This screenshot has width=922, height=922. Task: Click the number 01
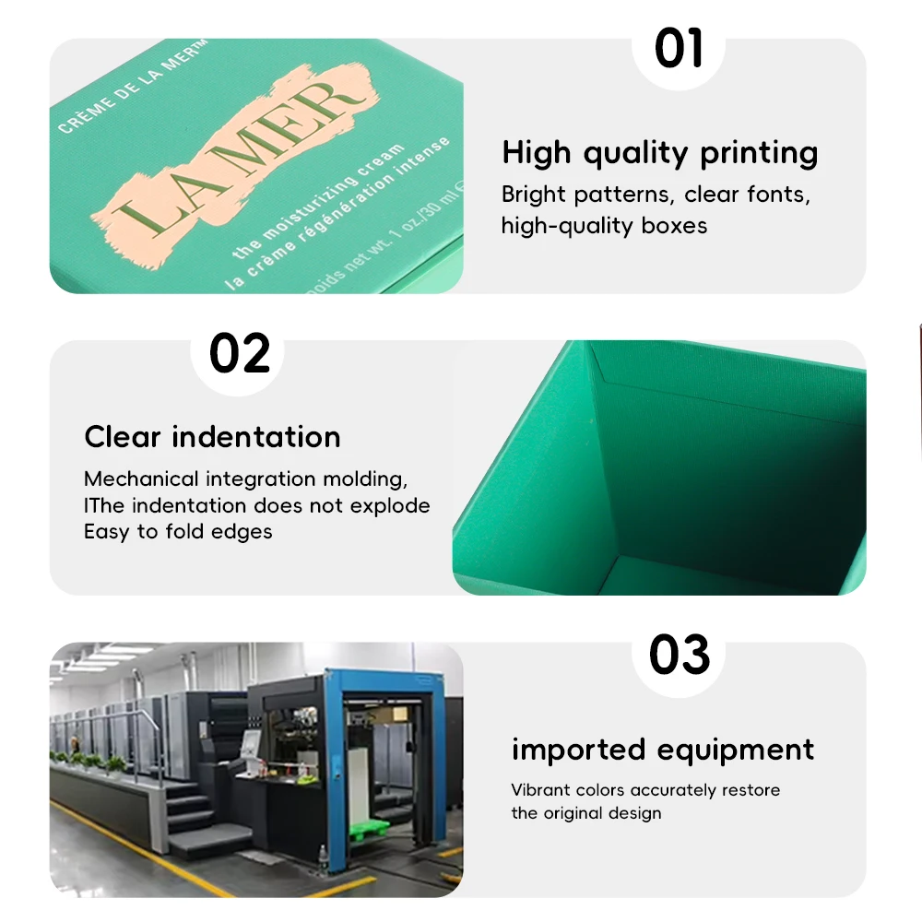pos(679,48)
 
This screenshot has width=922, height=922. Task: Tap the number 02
pos(240,353)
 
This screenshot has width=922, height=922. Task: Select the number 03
pos(679,655)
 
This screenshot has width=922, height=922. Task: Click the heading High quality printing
pos(659,153)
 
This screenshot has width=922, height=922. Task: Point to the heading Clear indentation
pos(212,436)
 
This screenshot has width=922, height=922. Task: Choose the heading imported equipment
pos(663,749)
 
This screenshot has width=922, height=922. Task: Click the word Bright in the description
pos(534,195)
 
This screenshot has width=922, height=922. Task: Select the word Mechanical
pos(141,479)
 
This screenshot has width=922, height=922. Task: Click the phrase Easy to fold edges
pos(178,531)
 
